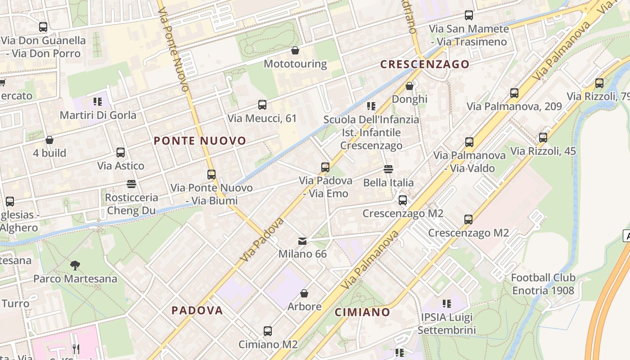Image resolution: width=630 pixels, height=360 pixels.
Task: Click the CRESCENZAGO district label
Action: coord(425,64)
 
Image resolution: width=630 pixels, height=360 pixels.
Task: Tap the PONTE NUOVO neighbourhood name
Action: coord(200,141)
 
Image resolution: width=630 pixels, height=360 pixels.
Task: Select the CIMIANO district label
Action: coord(362,312)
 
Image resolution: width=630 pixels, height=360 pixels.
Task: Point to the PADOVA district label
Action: coord(197,310)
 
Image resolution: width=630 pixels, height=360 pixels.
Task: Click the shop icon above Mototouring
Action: coord(295,50)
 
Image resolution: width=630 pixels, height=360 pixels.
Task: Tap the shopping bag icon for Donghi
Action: coord(409,85)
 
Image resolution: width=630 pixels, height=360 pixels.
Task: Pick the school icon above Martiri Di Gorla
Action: coord(97,102)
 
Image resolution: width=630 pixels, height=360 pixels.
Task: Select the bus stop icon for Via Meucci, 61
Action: coord(262,105)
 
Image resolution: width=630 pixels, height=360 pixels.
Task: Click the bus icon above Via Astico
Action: coord(121,152)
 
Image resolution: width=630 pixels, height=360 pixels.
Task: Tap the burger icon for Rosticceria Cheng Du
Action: coord(131,184)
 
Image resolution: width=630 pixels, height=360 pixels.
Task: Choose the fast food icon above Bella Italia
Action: coord(388,169)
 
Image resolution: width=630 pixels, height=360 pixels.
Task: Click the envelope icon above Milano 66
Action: coord(302,241)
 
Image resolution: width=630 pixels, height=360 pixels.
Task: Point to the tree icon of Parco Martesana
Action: coord(75,265)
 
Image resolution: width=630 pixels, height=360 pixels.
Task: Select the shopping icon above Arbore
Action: coord(304,293)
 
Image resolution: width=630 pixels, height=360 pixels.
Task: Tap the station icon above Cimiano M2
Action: coord(268,331)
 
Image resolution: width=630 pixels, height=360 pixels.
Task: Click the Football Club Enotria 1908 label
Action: coord(543,284)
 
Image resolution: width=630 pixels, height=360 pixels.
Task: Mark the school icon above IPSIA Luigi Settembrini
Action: coord(446,304)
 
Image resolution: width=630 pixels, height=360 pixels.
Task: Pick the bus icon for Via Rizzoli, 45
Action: coord(543,137)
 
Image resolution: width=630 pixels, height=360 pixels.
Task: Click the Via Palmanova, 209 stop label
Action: coord(514,107)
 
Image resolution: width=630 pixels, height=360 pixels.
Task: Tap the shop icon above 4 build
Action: coord(49,140)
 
